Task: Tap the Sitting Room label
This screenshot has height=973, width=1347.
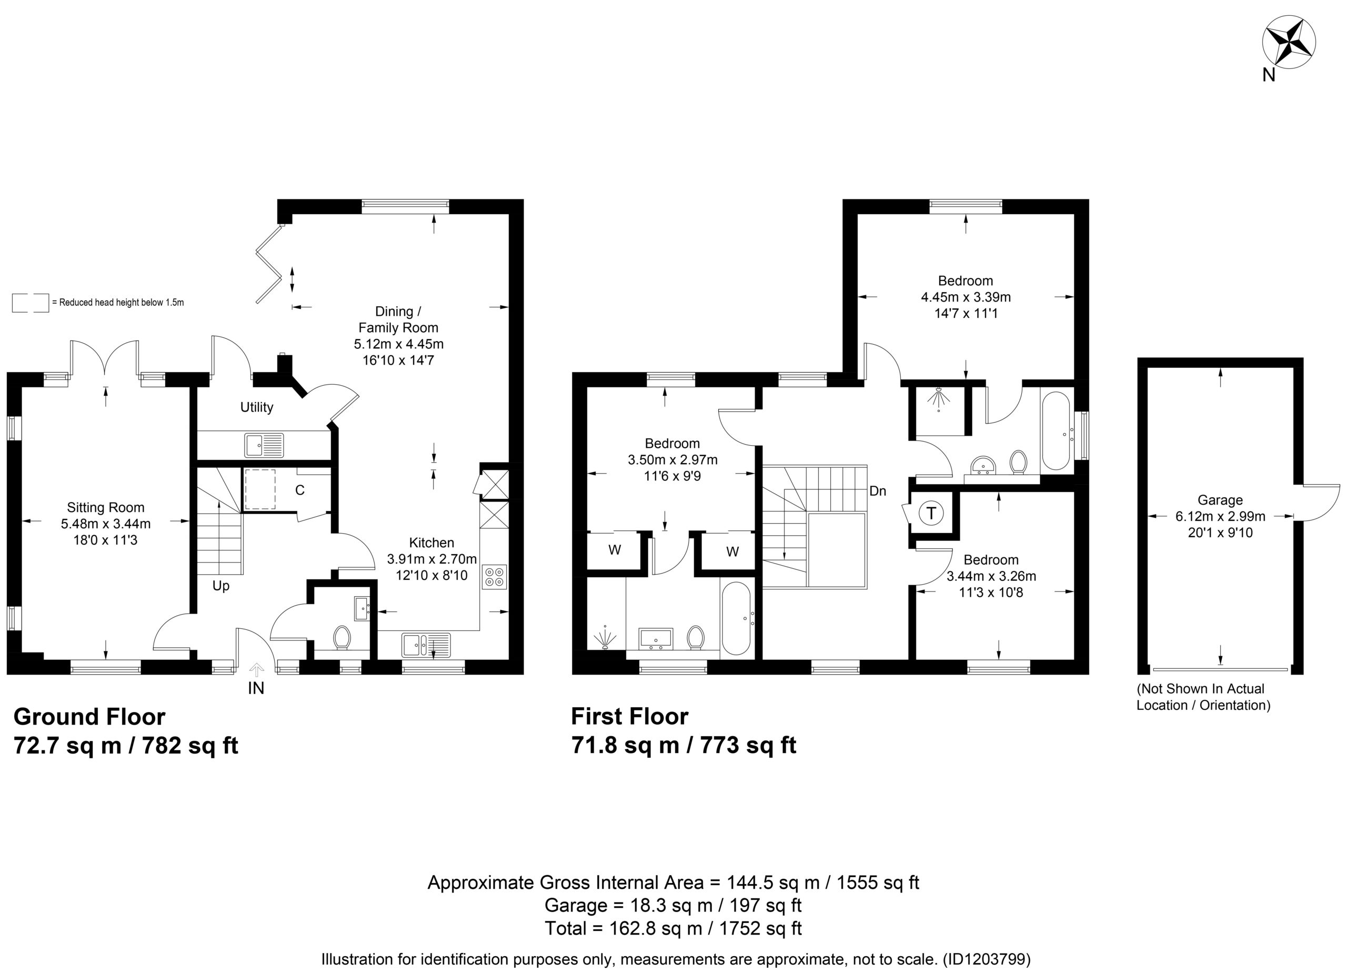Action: [106, 508]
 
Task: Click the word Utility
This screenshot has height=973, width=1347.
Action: [257, 407]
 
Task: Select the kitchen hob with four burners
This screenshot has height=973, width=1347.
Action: [495, 576]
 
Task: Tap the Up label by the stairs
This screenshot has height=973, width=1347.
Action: [221, 586]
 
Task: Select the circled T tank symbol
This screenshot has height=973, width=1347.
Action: [931, 513]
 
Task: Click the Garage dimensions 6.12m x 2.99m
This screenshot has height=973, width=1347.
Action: [1221, 517]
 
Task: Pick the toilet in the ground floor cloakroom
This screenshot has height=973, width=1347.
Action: [341, 637]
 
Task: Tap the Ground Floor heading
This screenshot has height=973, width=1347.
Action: [89, 717]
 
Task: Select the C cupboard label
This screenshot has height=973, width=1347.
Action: [300, 490]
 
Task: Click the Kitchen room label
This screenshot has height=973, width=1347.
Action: [432, 543]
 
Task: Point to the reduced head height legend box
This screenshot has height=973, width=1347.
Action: [31, 303]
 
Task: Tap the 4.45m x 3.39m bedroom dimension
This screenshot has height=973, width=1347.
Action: [966, 297]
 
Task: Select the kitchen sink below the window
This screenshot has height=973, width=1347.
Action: [426, 645]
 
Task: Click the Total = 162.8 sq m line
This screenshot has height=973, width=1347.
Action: [673, 928]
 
